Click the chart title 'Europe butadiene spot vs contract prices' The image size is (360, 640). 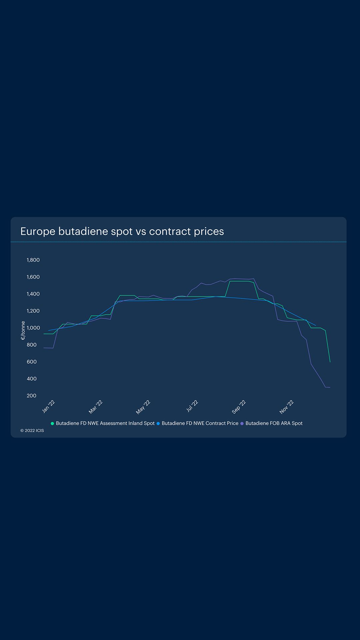pyautogui.click(x=122, y=231)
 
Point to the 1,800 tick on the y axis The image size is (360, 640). pyautogui.click(x=33, y=260)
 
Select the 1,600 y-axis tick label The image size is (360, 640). pyautogui.click(x=33, y=277)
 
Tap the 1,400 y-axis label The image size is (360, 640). pyautogui.click(x=33, y=294)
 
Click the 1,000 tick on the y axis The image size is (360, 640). pyautogui.click(x=33, y=328)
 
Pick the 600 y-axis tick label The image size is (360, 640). pyautogui.click(x=32, y=362)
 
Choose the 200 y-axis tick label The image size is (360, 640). pyautogui.click(x=32, y=396)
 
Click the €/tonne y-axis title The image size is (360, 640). pyautogui.click(x=23, y=330)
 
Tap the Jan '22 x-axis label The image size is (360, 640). pyautogui.click(x=49, y=407)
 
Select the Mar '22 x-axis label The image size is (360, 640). pyautogui.click(x=96, y=407)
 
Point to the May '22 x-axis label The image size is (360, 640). pyautogui.click(x=143, y=407)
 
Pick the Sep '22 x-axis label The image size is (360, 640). pyautogui.click(x=239, y=407)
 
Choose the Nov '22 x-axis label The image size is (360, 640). pyautogui.click(x=287, y=407)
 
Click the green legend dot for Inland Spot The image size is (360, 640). pyautogui.click(x=52, y=424)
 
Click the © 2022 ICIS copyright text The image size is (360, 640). pyautogui.click(x=32, y=431)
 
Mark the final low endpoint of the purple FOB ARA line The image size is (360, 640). pyautogui.click(x=330, y=387)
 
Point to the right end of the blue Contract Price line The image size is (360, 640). pyautogui.click(x=316, y=325)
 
